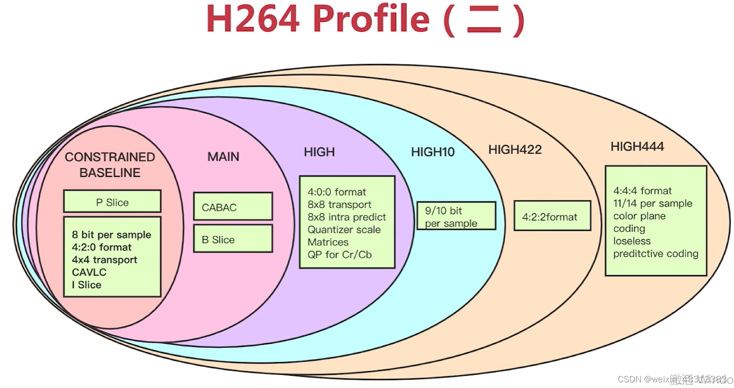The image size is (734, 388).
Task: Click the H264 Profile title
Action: (x=365, y=20)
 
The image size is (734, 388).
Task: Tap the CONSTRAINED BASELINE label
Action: (x=110, y=165)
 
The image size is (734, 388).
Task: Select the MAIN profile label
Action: (x=223, y=157)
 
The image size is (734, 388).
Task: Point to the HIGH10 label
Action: (x=432, y=152)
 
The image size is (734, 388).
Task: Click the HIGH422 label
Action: (x=515, y=150)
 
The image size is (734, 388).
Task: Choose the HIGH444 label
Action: (x=637, y=147)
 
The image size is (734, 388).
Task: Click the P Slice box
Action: (x=112, y=202)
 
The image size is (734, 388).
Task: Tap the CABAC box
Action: (x=232, y=207)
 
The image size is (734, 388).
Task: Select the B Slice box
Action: (x=232, y=239)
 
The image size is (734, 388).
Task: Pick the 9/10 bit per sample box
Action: (x=456, y=216)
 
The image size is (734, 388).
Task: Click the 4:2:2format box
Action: (x=551, y=217)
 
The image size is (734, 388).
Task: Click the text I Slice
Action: (x=87, y=285)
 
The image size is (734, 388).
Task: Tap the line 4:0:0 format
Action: (x=336, y=192)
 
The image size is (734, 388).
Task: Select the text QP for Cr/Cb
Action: (x=339, y=255)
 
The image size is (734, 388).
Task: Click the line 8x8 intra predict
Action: (x=346, y=217)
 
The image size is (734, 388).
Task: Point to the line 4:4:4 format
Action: (x=642, y=191)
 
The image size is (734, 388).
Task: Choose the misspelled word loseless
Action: (x=631, y=241)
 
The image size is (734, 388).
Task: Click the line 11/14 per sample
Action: (x=652, y=204)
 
